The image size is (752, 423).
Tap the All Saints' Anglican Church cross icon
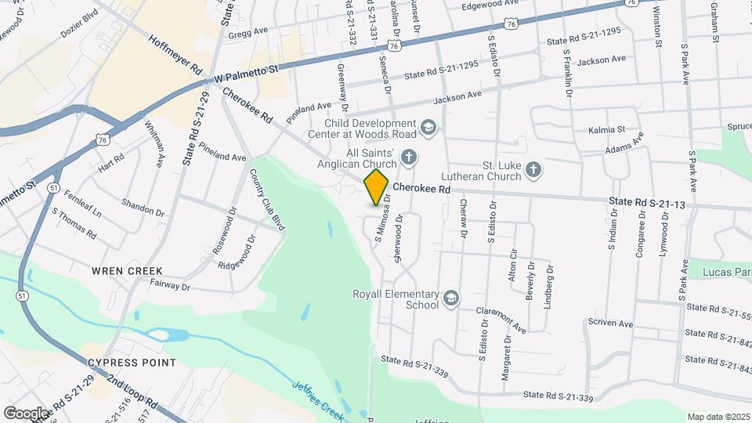click(x=408, y=158)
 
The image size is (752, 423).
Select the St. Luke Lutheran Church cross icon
click(x=533, y=170)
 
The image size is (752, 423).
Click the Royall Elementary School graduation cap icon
click(x=451, y=298)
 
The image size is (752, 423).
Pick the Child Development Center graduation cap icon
click(x=428, y=127)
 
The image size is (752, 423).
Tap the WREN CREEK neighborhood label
click(x=127, y=271)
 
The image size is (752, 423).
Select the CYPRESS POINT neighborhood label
click(x=132, y=363)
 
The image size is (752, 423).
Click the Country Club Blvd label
click(x=267, y=200)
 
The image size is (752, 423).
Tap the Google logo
click(x=26, y=413)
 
